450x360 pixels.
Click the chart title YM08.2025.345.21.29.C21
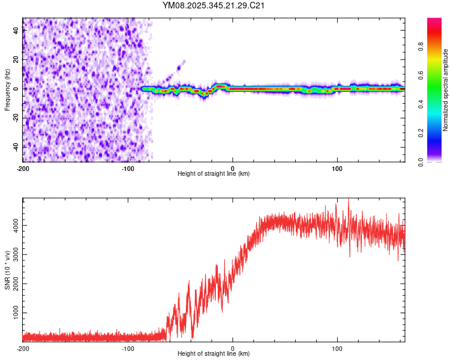[214, 6]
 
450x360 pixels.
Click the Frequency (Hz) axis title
[8, 91]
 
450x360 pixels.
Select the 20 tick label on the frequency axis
[16, 59]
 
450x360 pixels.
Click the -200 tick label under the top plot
[23, 169]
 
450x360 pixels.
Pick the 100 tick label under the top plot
[337, 169]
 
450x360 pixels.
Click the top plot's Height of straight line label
[214, 174]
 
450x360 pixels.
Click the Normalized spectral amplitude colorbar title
[445, 91]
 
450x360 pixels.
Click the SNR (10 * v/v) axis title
[8, 271]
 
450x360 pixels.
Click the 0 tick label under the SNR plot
[233, 349]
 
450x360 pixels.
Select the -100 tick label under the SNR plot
[128, 349]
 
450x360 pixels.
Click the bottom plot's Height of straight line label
[214, 354]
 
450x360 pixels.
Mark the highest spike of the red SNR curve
[349, 200]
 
